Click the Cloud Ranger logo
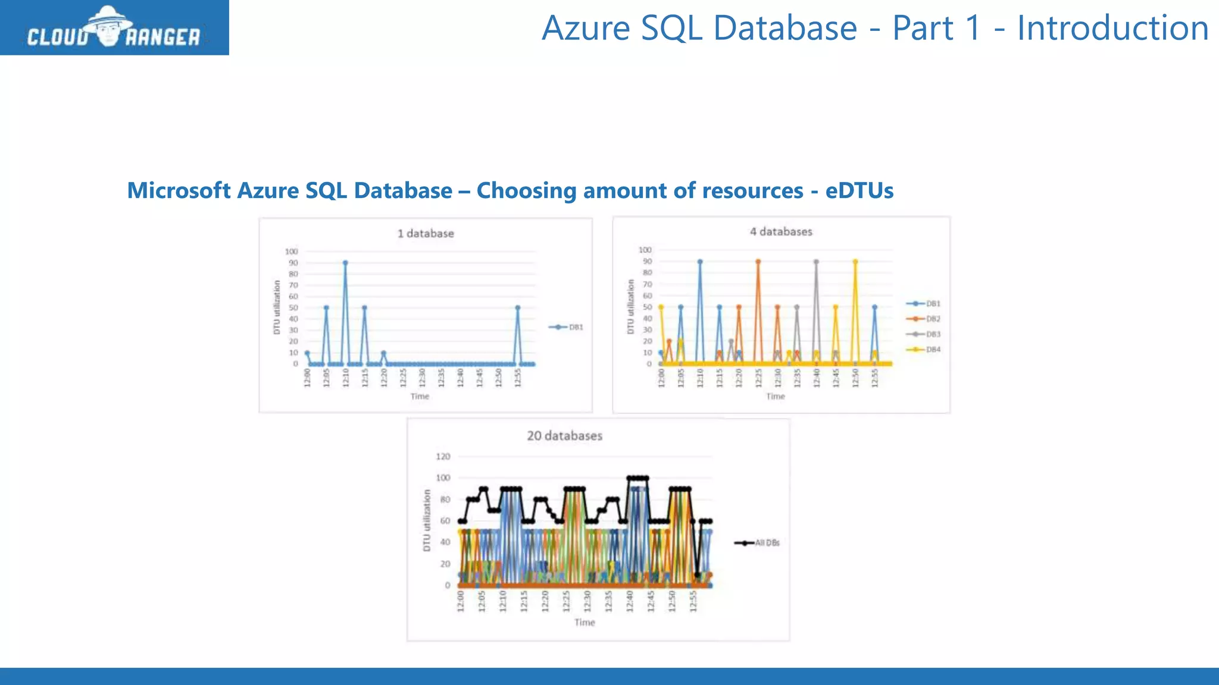point(114,28)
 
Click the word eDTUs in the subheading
point(859,191)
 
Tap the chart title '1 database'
point(426,234)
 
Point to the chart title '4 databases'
point(781,232)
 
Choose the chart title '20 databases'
point(564,436)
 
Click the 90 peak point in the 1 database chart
point(345,263)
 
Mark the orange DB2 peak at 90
point(758,262)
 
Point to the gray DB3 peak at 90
point(816,262)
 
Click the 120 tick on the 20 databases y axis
point(443,457)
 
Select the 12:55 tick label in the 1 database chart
point(518,378)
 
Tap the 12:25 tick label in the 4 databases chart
point(758,378)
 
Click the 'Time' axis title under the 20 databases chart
point(585,623)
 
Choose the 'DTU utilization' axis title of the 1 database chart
point(277,307)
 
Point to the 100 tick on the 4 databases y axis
point(645,250)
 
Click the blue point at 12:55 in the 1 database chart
point(518,307)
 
